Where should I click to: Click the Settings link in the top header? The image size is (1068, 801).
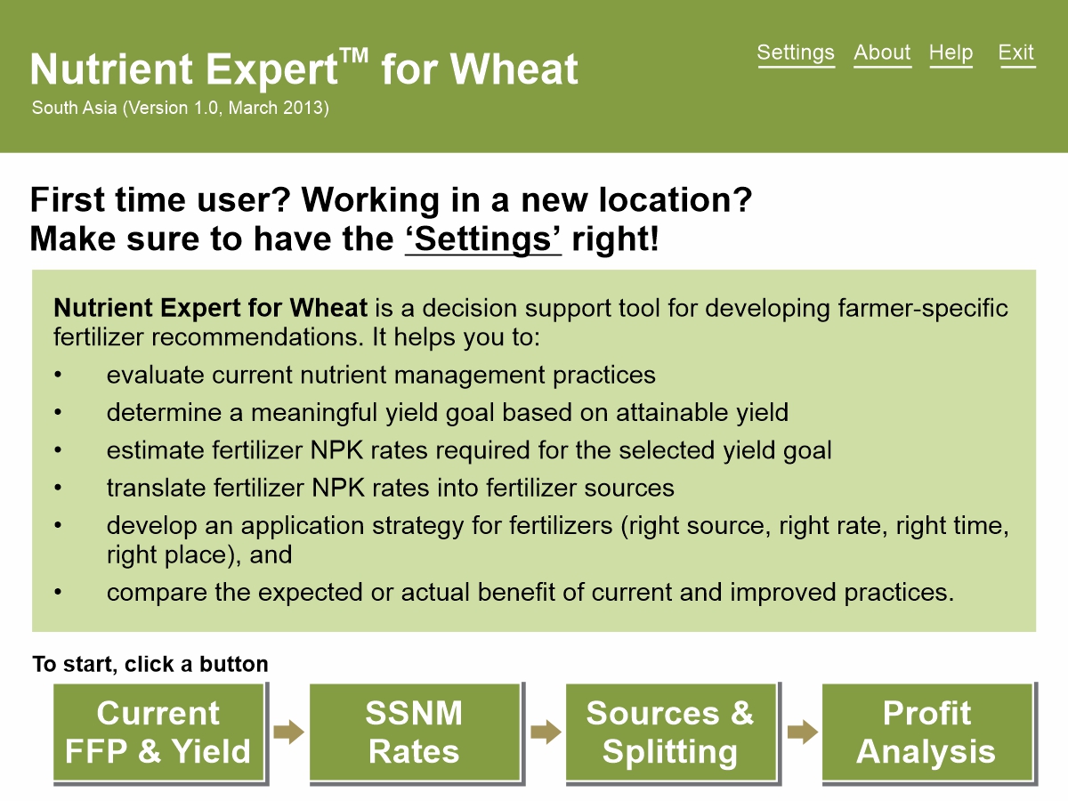point(796,53)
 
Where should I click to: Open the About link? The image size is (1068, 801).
point(882,53)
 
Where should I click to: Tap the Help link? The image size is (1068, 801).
point(951,53)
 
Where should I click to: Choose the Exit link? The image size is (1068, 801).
point(1016,53)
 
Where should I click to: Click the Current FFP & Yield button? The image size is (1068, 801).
point(158,732)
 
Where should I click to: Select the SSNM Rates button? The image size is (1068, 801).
point(415,732)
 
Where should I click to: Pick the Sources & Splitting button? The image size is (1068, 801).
point(671,732)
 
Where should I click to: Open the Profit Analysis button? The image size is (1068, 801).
point(927,732)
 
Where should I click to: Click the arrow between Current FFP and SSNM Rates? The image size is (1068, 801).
point(288,732)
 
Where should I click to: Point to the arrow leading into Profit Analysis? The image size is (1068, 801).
point(803,732)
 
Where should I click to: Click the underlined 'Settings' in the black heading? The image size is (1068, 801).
point(483,239)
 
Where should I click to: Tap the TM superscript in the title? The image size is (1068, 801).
point(353,55)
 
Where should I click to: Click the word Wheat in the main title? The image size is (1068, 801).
point(514,69)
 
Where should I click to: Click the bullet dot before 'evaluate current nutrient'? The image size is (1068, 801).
point(58,375)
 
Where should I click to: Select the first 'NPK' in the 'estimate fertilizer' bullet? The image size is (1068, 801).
point(336,449)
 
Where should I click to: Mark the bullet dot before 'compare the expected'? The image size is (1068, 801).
point(58,593)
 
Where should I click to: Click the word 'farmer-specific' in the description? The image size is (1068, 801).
point(923,308)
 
